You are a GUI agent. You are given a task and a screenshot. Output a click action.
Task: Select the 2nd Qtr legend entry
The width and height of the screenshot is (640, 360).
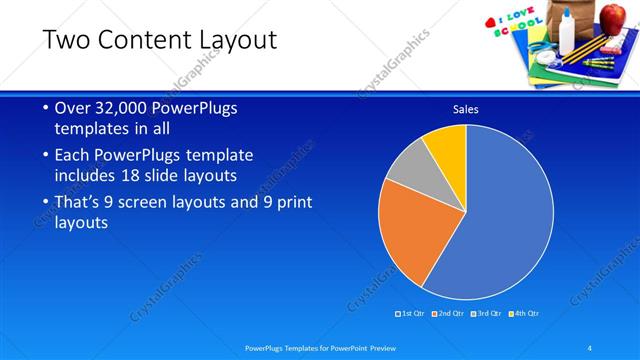[450, 313]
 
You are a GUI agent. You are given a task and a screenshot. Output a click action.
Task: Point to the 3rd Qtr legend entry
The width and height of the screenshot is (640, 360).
[487, 313]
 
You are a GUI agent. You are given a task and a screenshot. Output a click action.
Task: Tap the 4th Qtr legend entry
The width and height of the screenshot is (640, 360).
[525, 313]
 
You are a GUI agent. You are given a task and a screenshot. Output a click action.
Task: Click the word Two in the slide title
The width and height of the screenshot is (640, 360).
[66, 40]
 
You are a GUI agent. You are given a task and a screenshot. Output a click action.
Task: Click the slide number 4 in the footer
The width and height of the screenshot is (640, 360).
[590, 347]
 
